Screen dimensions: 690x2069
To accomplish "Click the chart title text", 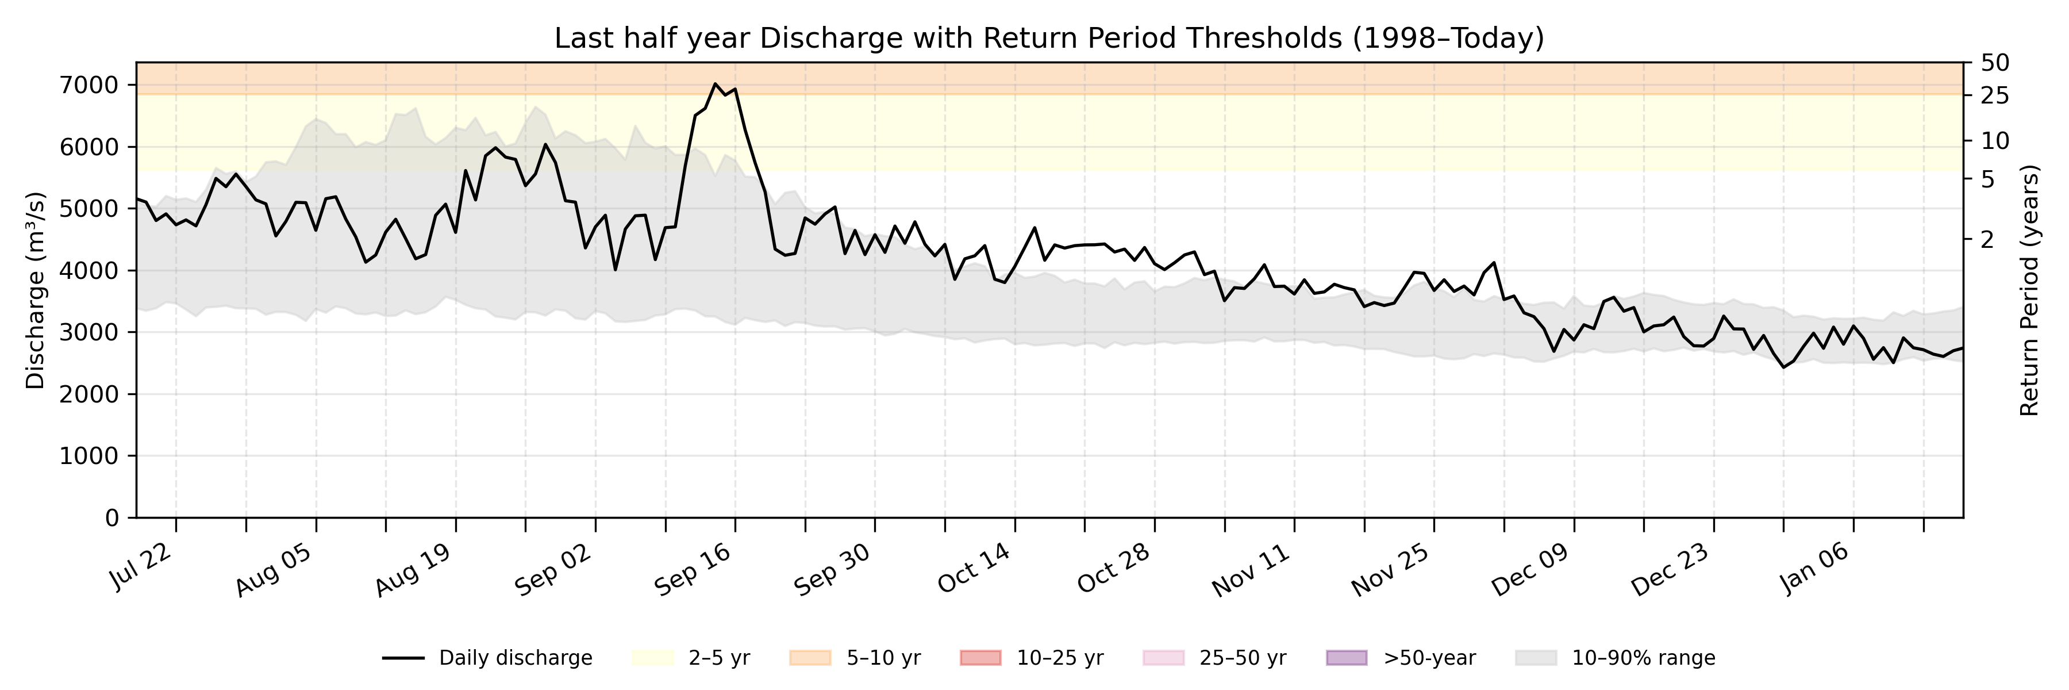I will [x=1049, y=38].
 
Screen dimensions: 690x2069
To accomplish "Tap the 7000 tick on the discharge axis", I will [x=89, y=85].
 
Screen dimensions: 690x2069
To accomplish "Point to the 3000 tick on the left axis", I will [x=89, y=332].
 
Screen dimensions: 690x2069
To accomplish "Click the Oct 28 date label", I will [x=1113, y=569].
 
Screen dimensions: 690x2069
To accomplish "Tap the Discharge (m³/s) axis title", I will [x=35, y=291].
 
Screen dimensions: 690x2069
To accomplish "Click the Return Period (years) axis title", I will [x=2030, y=291].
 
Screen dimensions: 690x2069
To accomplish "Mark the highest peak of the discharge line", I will [x=715, y=83].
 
